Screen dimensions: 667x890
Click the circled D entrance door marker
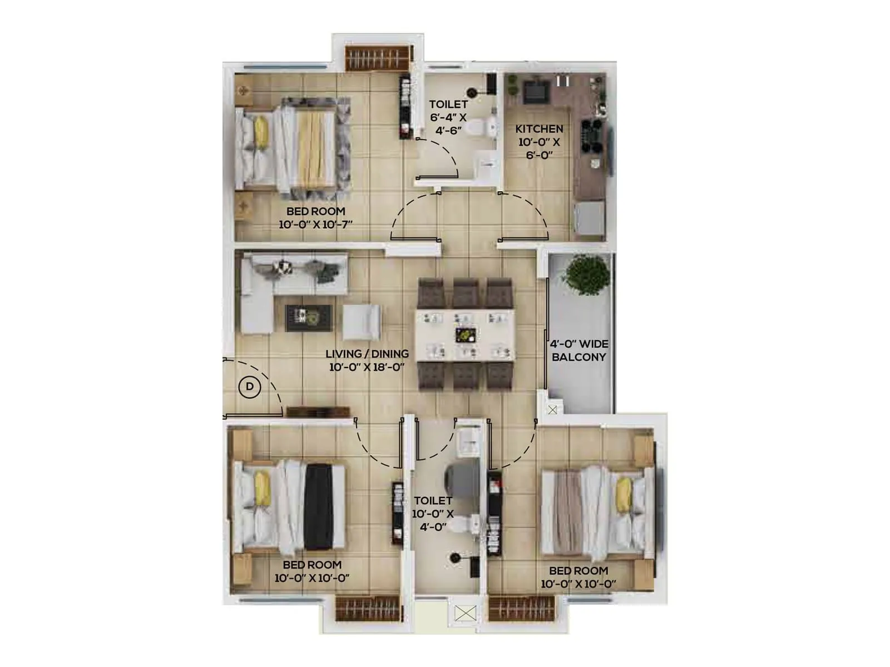click(x=250, y=387)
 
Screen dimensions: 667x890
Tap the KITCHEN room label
click(x=539, y=128)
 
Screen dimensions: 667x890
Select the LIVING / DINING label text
click(x=367, y=354)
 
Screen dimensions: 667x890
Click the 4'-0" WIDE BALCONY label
click(x=579, y=350)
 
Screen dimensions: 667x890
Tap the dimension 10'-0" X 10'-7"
click(x=315, y=225)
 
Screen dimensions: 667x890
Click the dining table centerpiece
click(x=466, y=335)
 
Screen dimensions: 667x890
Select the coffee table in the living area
click(x=309, y=318)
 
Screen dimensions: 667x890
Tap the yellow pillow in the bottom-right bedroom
click(x=624, y=495)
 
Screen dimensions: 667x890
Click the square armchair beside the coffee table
click(x=362, y=322)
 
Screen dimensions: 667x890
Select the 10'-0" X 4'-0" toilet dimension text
click(x=433, y=520)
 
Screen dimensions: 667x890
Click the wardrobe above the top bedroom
click(x=379, y=58)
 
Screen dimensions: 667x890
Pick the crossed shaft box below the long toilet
click(x=465, y=614)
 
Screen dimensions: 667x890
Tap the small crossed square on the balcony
click(x=552, y=410)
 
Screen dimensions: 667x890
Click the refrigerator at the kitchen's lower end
click(x=590, y=218)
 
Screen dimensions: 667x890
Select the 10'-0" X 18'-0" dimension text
click(x=367, y=367)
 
